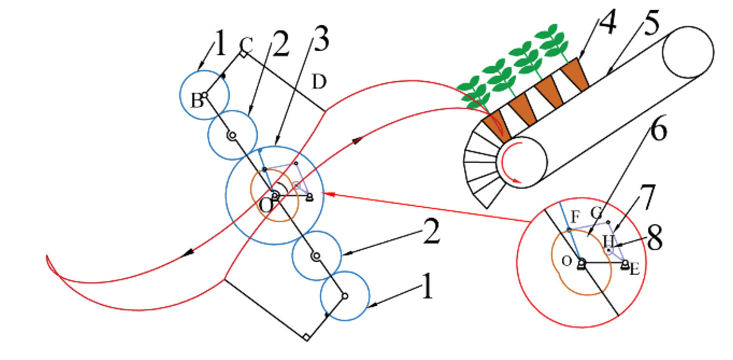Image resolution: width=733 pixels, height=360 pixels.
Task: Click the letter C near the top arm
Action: [x=246, y=44]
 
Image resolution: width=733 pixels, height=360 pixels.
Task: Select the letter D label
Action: [x=319, y=82]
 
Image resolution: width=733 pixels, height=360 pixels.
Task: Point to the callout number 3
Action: [x=321, y=39]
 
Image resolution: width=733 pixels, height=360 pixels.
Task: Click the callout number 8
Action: [x=655, y=238]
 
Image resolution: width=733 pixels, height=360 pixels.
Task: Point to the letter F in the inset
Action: [x=576, y=216]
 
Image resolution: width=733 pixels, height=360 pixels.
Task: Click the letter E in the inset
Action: [x=634, y=269]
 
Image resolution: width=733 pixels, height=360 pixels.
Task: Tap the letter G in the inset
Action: [x=596, y=213]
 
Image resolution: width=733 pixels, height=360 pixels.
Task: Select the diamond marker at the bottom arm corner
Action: [x=306, y=337]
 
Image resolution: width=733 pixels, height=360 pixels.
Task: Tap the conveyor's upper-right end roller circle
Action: [x=688, y=52]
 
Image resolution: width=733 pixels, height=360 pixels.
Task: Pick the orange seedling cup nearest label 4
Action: [x=574, y=75]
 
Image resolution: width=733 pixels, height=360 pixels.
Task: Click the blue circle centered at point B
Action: [x=204, y=95]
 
